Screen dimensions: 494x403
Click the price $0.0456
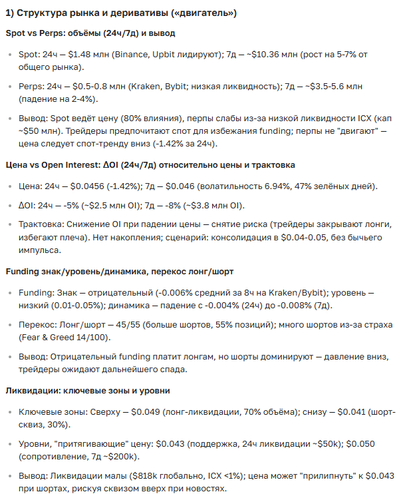point(86,188)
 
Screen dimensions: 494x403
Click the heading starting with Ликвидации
point(87,390)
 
